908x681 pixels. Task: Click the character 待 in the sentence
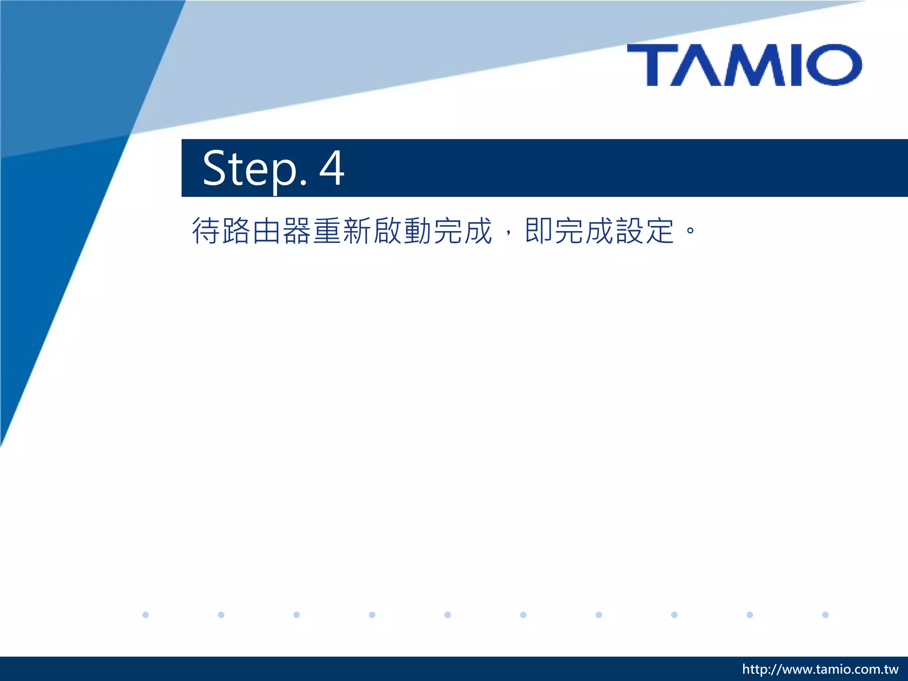[x=206, y=231]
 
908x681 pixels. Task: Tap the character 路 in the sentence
[x=236, y=231]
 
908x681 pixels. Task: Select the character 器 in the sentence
[x=297, y=231]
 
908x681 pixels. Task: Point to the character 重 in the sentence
[x=327, y=231]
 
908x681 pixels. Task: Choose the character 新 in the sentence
[x=357, y=231]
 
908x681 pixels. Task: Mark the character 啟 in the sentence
[x=387, y=231]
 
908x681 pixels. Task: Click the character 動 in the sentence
[x=418, y=231]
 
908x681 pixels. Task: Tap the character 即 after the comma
[x=539, y=231]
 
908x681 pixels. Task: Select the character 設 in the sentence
[x=630, y=231]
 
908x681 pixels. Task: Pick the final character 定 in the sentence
[x=660, y=231]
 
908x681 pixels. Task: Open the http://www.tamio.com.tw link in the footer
[x=820, y=669]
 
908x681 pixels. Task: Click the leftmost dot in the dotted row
[x=145, y=614]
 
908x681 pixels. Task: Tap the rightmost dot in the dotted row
[x=825, y=614]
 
